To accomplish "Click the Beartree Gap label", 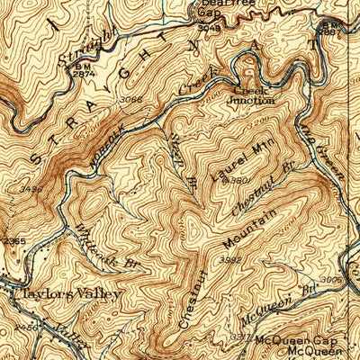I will coord(209,10).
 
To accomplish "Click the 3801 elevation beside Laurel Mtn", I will coord(239,181).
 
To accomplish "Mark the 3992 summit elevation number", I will coord(232,260).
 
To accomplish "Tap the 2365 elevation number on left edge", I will coord(13,241).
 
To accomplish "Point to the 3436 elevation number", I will coord(31,189).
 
